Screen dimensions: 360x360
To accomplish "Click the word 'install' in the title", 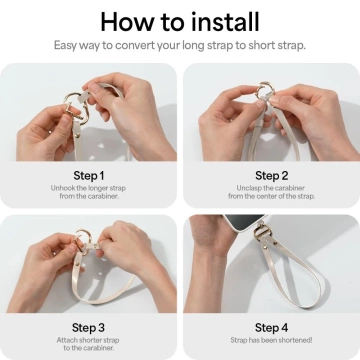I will pyautogui.click(x=222, y=21).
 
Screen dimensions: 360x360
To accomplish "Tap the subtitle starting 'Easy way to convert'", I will pyautogui.click(x=180, y=45).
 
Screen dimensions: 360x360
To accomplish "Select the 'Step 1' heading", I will pyautogui.click(x=90, y=174).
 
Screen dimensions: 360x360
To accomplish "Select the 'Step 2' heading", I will pyautogui.click(x=271, y=174).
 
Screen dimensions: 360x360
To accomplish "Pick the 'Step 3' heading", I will pyautogui.click(x=90, y=326).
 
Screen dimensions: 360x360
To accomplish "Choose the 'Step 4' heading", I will pyautogui.click(x=271, y=326).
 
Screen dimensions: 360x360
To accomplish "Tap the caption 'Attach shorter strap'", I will pyautogui.click(x=90, y=343).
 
